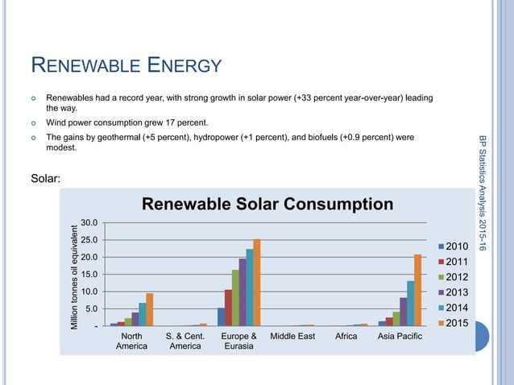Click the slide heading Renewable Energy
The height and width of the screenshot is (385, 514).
[x=126, y=65]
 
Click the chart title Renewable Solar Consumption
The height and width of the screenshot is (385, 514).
[x=267, y=204]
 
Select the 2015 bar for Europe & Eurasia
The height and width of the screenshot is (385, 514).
[x=257, y=283]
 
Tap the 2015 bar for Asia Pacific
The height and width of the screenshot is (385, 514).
[x=417, y=290]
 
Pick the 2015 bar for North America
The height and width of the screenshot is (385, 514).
[x=149, y=309]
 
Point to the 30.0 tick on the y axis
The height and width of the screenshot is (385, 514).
[x=89, y=222]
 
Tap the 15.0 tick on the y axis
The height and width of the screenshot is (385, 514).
[x=89, y=274]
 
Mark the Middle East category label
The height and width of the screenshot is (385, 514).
[x=293, y=335]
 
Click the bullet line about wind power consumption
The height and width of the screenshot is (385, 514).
[x=126, y=123]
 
